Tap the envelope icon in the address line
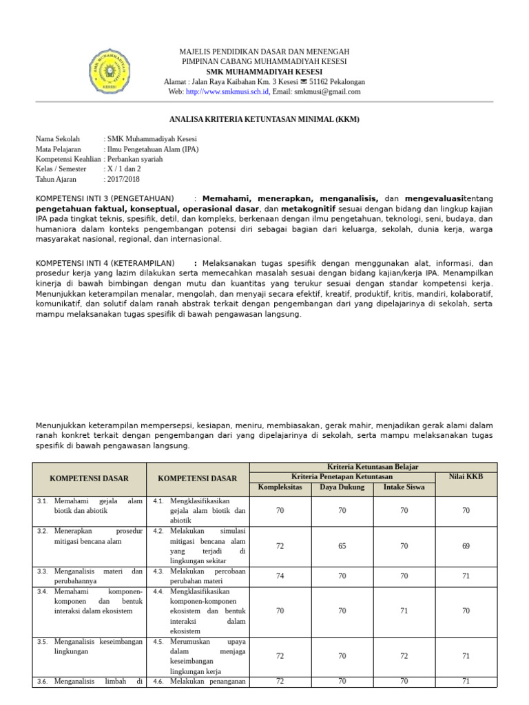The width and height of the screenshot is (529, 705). coord(304,81)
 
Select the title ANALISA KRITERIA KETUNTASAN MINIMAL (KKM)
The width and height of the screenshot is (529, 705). coord(264,119)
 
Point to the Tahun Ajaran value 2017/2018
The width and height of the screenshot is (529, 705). coord(123,179)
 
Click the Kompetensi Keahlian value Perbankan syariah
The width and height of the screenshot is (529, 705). coord(135,159)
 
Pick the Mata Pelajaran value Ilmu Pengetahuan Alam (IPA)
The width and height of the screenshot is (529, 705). coord(152,149)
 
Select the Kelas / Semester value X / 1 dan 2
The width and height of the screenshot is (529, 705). coord(124,169)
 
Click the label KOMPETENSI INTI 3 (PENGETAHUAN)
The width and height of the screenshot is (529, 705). coord(105,198)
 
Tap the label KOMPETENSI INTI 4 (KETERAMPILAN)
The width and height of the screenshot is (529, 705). coord(105,263)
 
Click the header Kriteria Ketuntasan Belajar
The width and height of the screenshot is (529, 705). coord(373,467)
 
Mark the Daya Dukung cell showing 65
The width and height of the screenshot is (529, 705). coord(342,546)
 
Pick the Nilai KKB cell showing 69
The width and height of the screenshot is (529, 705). coord(466,546)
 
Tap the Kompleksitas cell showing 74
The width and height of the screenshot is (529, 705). coord(280,576)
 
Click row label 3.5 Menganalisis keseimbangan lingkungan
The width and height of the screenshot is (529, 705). coord(90,646)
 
